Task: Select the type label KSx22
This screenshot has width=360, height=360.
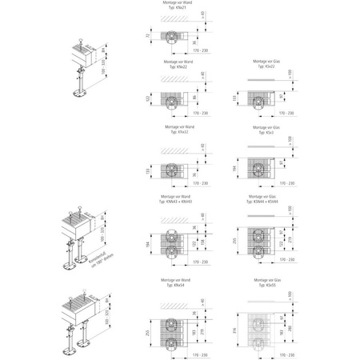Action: (266, 66)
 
